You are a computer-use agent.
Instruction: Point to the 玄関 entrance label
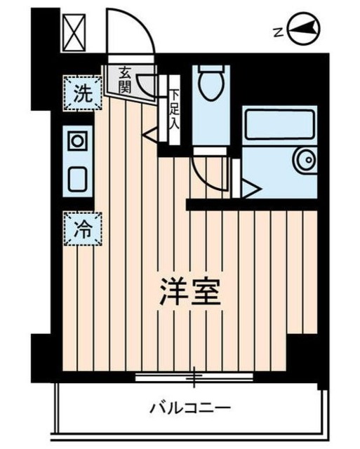(125, 79)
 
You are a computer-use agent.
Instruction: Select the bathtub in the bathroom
(277, 126)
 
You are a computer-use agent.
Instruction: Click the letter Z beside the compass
(278, 30)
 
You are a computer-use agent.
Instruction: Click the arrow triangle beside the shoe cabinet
(150, 131)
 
